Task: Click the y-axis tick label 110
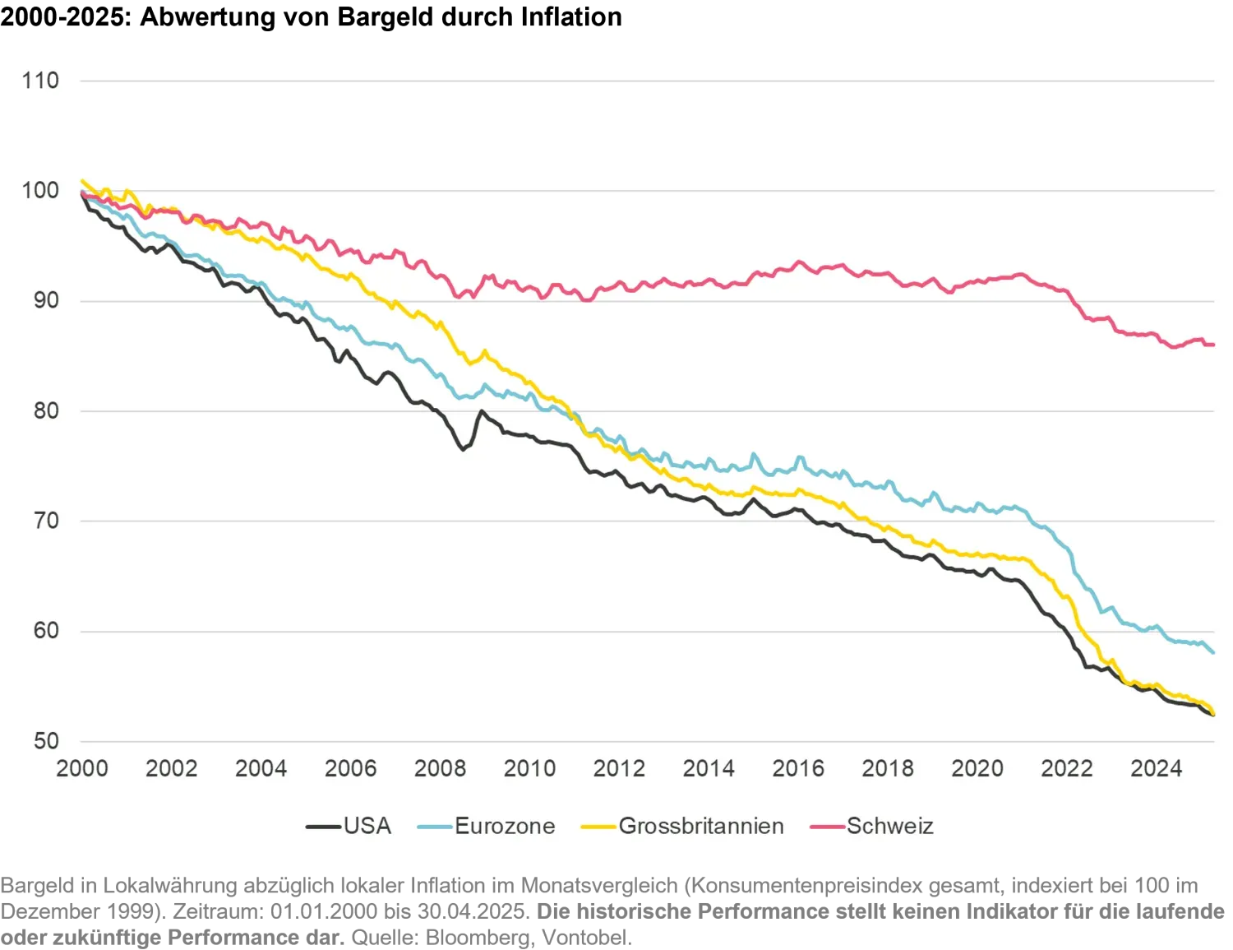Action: [x=40, y=81]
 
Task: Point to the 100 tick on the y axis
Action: [x=40, y=191]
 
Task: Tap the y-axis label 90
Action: [x=46, y=301]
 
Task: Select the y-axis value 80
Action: [x=46, y=411]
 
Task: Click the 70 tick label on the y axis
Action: [x=46, y=521]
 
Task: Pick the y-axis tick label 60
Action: [x=46, y=632]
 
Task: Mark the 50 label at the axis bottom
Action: [x=46, y=741]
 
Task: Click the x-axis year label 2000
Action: [x=82, y=769]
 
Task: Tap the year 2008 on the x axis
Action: [x=440, y=769]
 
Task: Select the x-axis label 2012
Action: [x=619, y=769]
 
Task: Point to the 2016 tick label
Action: [x=798, y=769]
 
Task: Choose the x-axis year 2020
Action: [x=977, y=769]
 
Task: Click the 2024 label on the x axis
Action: [x=1156, y=769]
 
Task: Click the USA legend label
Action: [x=367, y=827]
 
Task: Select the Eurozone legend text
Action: [x=505, y=827]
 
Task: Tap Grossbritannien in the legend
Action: [x=701, y=827]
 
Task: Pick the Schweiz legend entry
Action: [x=890, y=827]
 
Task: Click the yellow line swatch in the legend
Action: [x=598, y=827]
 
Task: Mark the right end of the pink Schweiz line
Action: [x=1213, y=345]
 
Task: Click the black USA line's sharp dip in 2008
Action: [x=463, y=449]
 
